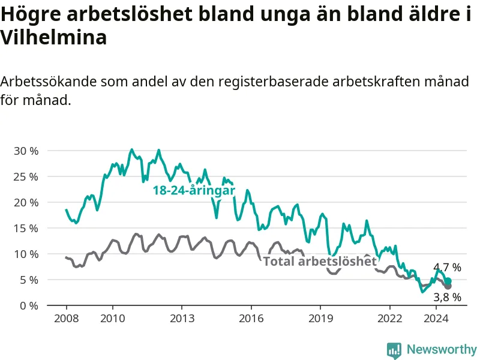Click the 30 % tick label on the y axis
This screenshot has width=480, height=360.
pos(26,151)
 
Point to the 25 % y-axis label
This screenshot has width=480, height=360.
pos(26,176)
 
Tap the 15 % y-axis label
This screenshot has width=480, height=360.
pos(26,229)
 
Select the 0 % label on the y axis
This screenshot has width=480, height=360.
pos(29,306)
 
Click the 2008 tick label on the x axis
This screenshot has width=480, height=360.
pos(67,319)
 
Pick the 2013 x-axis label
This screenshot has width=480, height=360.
pos(182,319)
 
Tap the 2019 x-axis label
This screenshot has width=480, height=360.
pos(320,319)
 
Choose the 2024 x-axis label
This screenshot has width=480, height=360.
pos(436,319)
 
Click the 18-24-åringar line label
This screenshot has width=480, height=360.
pos(194,191)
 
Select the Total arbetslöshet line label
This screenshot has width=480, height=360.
pos(320,262)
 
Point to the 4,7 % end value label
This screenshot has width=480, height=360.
pos(447,268)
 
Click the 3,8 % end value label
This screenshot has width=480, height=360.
pos(447,297)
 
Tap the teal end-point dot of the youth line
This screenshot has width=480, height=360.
pos(448,281)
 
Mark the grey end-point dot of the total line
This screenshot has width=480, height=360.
pos(448,286)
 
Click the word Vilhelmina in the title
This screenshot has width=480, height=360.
pos(53,37)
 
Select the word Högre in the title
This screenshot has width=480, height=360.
pos(31,14)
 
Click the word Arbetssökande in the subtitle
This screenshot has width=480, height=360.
pos(49,82)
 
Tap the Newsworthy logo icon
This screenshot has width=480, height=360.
pos(394,350)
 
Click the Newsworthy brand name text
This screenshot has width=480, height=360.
pos(442,349)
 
